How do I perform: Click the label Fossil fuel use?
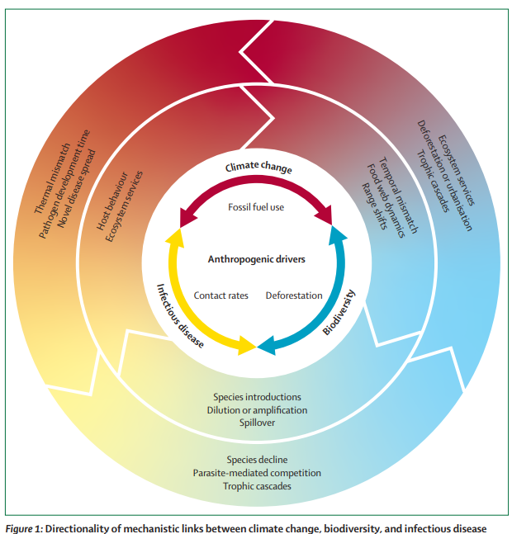(256, 207)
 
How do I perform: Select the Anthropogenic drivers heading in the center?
(256, 259)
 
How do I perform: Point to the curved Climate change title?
(258, 168)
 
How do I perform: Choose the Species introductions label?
(257, 397)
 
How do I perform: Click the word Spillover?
(257, 423)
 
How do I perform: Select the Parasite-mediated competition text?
(257, 473)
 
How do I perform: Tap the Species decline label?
(257, 460)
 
